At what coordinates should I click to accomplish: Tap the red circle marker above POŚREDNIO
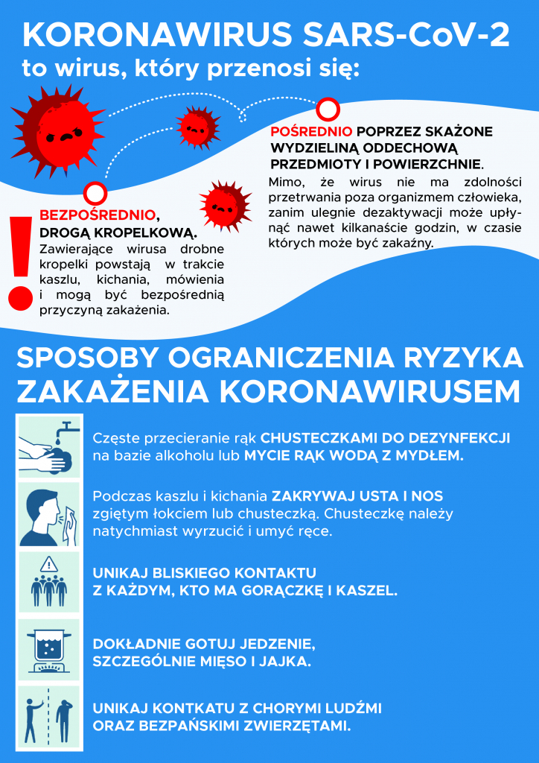[x=327, y=110]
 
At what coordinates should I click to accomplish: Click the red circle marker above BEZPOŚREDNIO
[x=95, y=194]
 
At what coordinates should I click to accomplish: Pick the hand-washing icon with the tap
[x=49, y=446]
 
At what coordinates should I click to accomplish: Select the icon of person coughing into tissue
[x=49, y=513]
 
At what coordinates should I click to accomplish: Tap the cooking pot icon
[x=49, y=648]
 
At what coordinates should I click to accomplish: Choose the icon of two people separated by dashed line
[x=49, y=715]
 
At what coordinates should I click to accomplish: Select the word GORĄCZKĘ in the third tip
[x=288, y=592]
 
